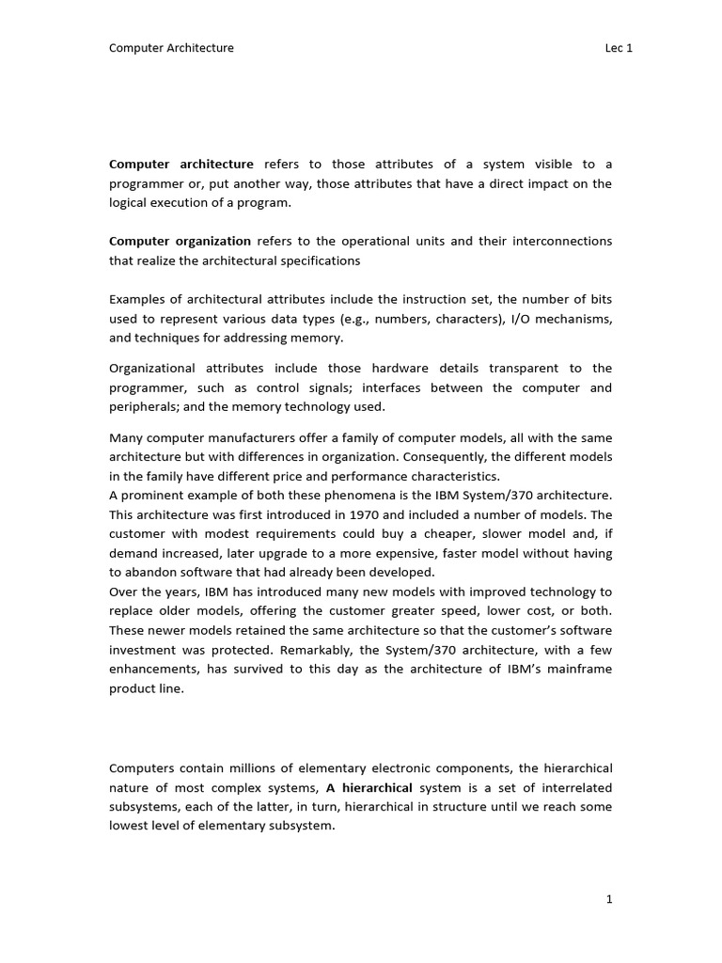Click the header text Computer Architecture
[172, 48]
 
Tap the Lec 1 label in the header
[619, 48]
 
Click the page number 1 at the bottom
[609, 899]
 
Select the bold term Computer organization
[180, 241]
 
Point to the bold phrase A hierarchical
[369, 788]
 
